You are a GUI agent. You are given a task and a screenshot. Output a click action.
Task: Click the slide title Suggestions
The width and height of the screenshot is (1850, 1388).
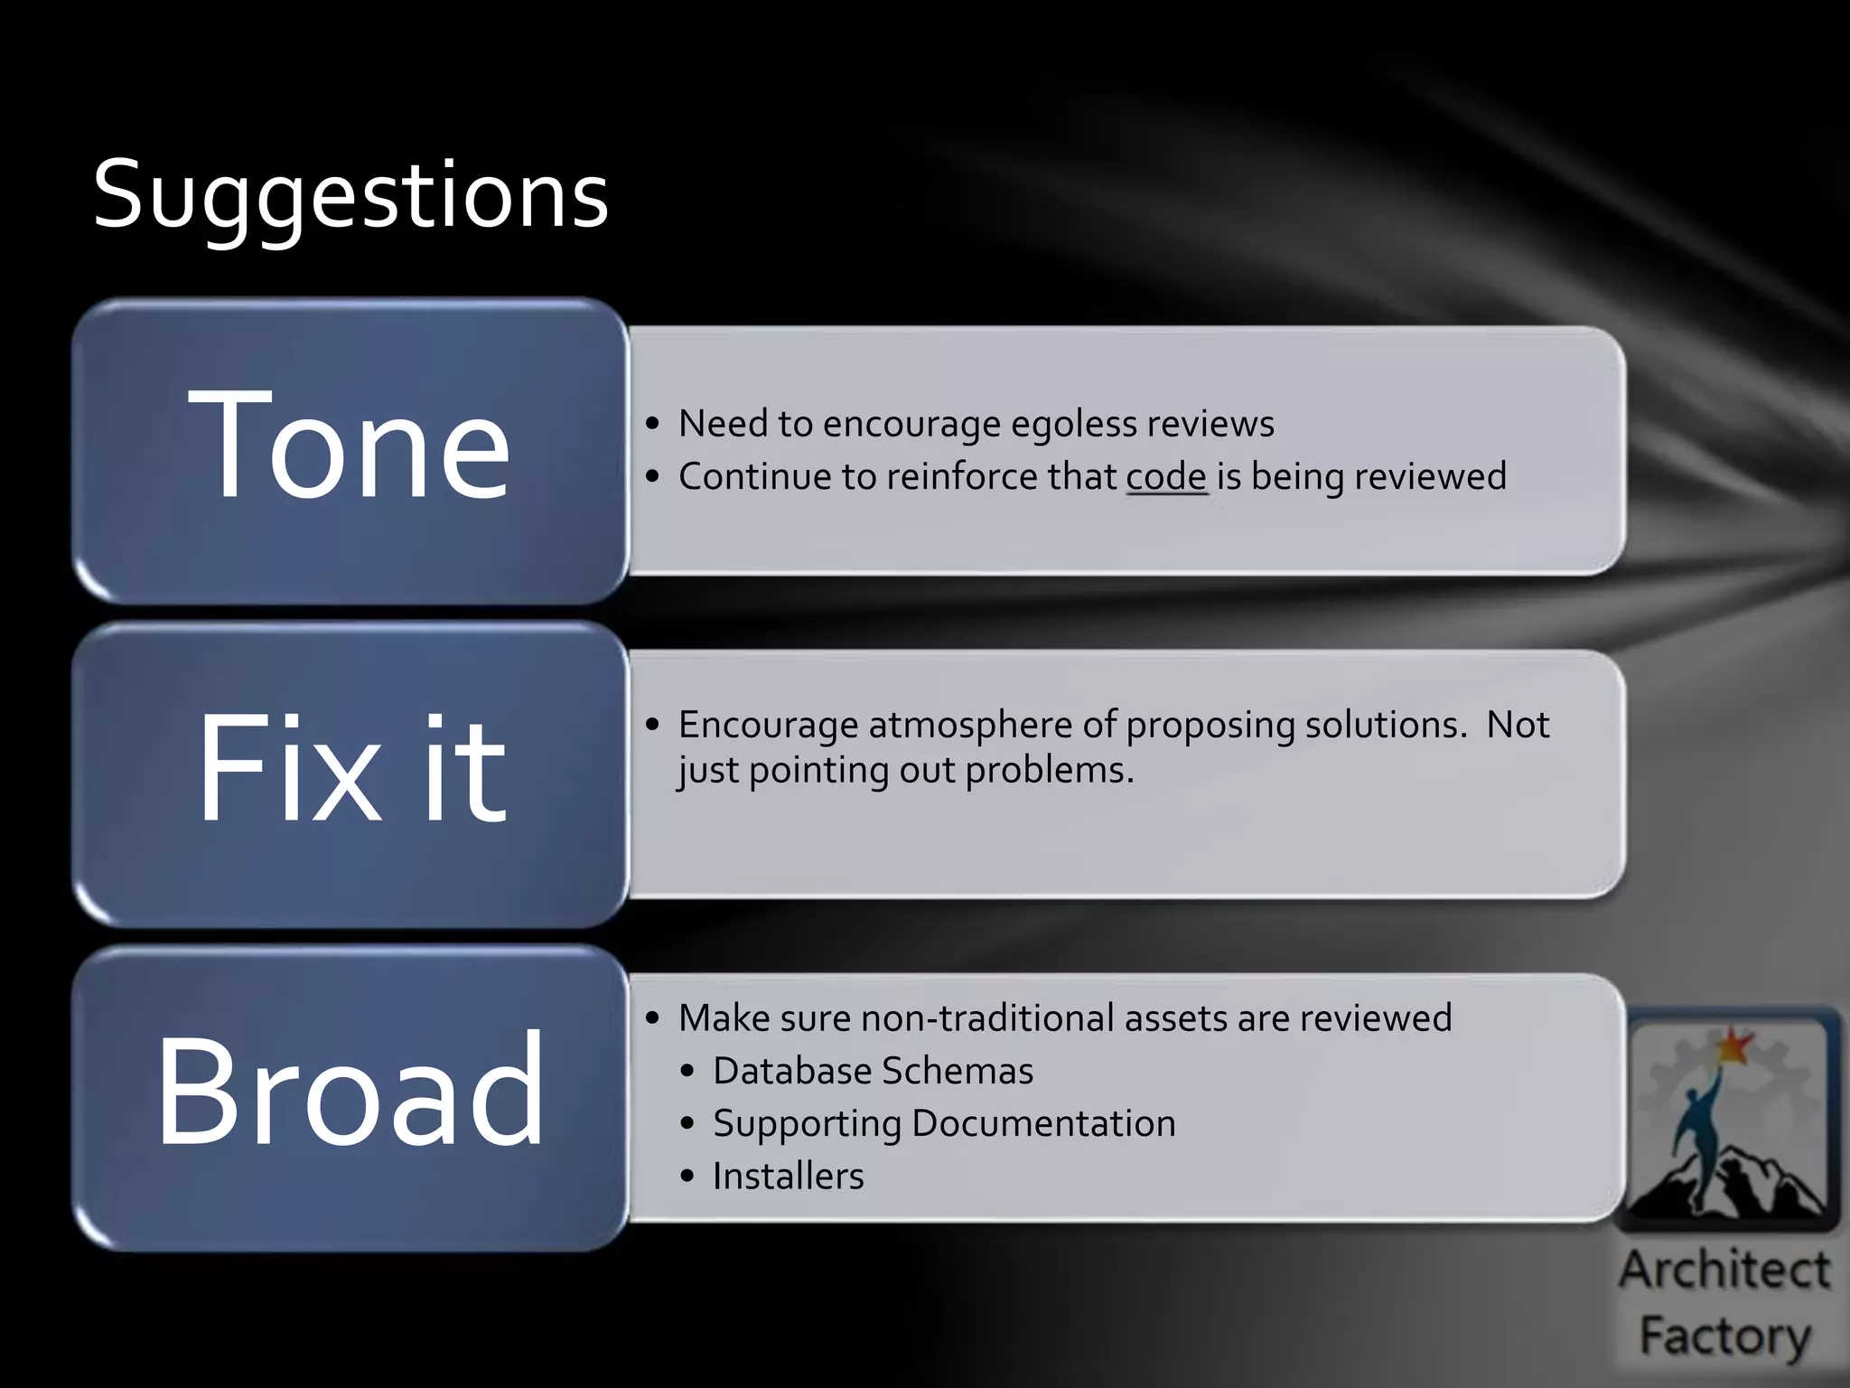[350, 194]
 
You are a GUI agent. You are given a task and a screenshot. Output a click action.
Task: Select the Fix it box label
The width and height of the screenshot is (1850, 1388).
[350, 769]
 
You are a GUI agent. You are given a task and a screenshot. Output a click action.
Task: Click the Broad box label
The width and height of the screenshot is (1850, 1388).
[350, 1091]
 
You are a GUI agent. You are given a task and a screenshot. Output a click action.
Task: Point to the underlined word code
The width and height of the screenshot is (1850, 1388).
[1166, 477]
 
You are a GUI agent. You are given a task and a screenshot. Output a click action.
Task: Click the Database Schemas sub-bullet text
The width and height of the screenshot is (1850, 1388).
[873, 1072]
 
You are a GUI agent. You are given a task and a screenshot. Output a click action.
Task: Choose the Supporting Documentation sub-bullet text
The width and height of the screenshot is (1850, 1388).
[944, 1124]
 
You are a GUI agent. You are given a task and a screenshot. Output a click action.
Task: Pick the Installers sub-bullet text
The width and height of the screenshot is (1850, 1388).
[788, 1177]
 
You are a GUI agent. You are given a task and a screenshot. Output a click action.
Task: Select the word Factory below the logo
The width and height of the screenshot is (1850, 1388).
[1725, 1336]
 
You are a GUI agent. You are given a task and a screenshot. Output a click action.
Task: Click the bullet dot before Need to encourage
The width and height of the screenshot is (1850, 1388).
[653, 424]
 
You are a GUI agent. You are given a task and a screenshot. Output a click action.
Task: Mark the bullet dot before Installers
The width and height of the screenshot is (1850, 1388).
[688, 1177]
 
